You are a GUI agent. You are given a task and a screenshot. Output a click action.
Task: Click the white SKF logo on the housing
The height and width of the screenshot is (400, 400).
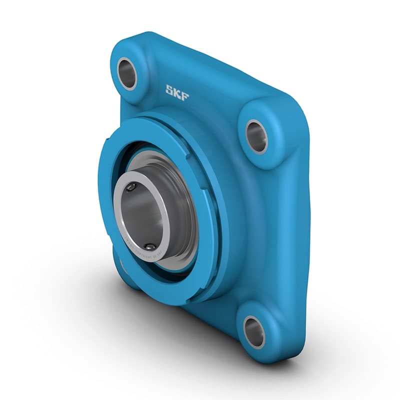(177, 92)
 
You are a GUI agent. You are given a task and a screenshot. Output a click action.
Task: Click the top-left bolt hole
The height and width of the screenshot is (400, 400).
(127, 73)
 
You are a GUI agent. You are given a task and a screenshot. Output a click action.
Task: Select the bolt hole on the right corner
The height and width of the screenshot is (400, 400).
(257, 136)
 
